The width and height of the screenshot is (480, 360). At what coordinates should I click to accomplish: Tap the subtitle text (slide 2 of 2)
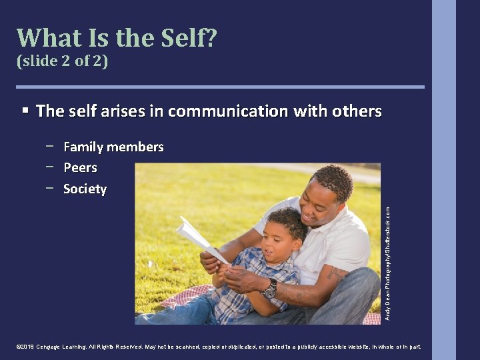pos(61,61)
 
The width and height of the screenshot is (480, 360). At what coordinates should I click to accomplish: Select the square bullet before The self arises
pos(25,110)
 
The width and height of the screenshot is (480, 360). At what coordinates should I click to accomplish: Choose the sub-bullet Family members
pos(113,147)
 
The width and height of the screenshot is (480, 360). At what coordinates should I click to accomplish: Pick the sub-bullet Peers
pos(80,167)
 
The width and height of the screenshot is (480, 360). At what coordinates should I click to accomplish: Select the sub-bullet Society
pos(85,189)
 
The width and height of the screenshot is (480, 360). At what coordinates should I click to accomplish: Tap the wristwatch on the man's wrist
pos(270,289)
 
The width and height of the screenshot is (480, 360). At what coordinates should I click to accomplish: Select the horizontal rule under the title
pos(220,87)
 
